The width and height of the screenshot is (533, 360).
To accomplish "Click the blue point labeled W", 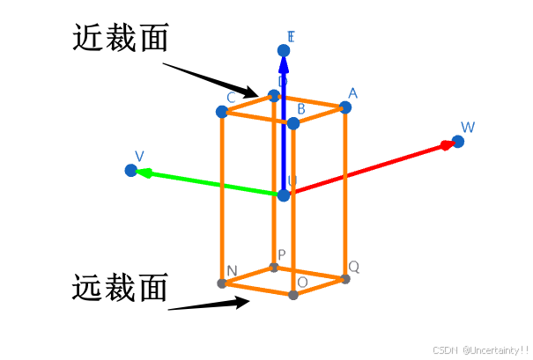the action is click(x=458, y=142).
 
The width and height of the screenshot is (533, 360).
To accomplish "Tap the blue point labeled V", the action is click(x=131, y=170).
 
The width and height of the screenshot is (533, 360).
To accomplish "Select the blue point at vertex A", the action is click(x=345, y=107).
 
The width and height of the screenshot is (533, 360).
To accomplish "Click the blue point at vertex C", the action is click(x=222, y=112).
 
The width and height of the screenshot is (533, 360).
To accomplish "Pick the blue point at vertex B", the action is click(x=293, y=123).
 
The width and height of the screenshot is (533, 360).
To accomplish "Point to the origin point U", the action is click(x=284, y=195).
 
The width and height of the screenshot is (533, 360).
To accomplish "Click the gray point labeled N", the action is click(x=222, y=283).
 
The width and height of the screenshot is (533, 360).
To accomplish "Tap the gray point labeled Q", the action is click(x=345, y=279).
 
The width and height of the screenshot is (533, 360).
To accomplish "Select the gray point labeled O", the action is click(x=293, y=294).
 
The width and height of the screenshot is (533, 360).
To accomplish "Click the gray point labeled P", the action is click(x=274, y=267).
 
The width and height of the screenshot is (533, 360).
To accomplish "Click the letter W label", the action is click(x=468, y=128).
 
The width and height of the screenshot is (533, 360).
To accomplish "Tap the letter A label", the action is click(x=352, y=93).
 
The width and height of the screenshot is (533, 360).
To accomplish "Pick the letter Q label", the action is click(x=353, y=266).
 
